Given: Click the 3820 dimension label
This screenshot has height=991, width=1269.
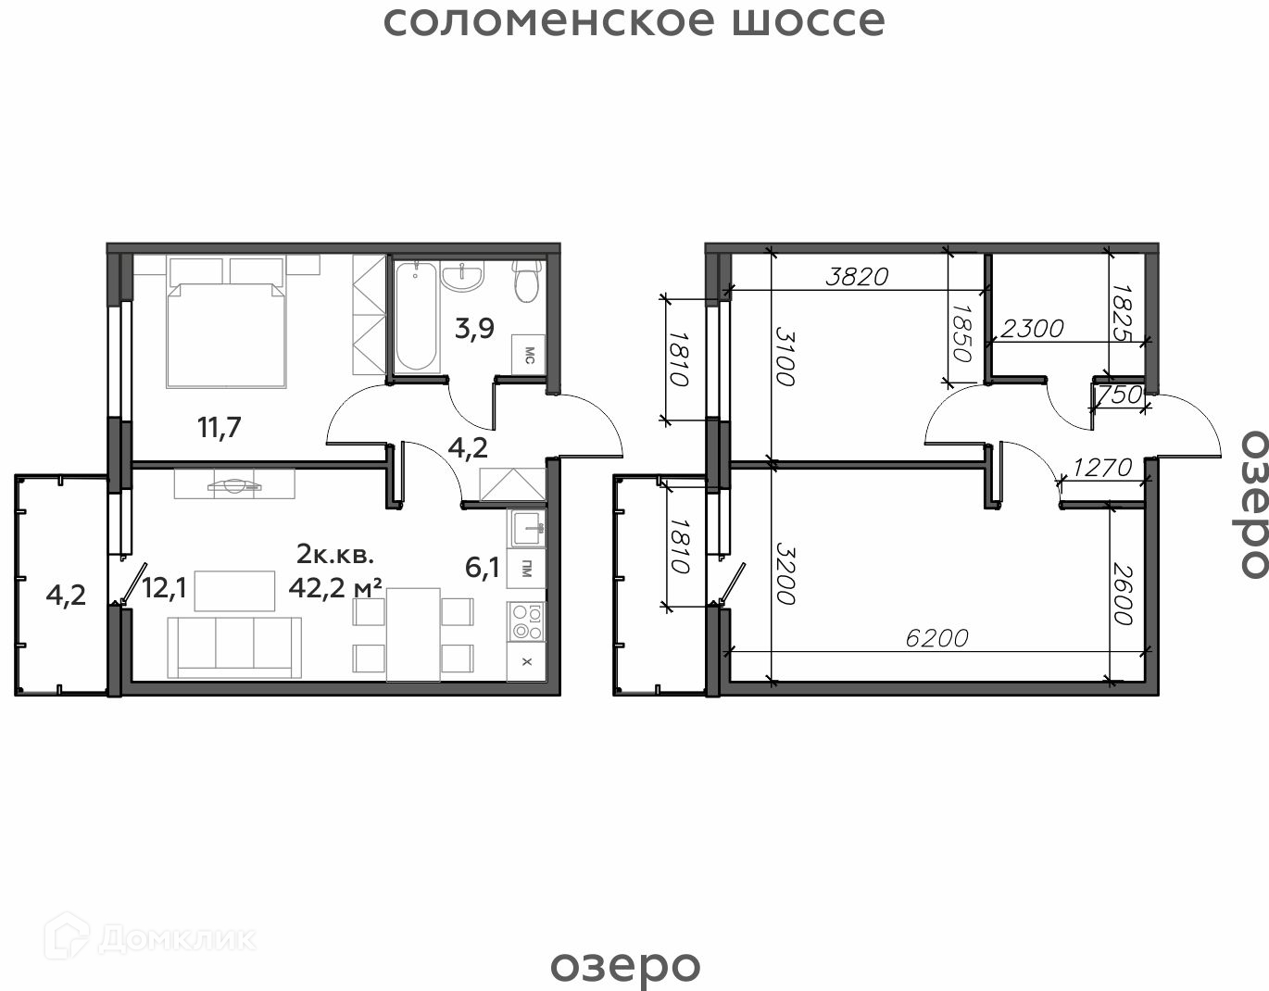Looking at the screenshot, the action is [857, 277].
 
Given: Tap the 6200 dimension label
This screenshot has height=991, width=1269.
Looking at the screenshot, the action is [936, 638].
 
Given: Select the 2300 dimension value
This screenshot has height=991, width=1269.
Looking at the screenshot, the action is [1033, 329].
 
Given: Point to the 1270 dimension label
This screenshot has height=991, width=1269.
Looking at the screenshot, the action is [1102, 468].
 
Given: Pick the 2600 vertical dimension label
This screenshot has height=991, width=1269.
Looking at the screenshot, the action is [1123, 593].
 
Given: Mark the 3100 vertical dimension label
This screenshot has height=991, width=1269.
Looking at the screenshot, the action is [785, 356].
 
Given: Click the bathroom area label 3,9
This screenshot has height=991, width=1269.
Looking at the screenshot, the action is [475, 329].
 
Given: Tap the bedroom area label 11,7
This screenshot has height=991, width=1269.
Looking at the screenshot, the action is [220, 428].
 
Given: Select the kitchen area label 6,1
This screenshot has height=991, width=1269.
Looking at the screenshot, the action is [483, 568].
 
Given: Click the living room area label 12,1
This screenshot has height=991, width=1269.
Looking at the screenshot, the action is [164, 588].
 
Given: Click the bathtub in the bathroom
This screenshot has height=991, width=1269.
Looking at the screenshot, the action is [416, 316].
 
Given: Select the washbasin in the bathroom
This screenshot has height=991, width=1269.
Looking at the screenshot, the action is [462, 277].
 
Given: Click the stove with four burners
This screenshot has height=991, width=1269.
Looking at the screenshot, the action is [526, 621].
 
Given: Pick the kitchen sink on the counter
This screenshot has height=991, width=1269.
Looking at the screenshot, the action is [526, 528].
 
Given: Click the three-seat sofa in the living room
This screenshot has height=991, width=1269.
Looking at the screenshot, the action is [234, 647].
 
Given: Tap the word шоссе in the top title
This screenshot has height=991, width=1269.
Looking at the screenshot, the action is [809, 21].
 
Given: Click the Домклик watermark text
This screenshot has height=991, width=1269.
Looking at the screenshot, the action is [177, 939].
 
